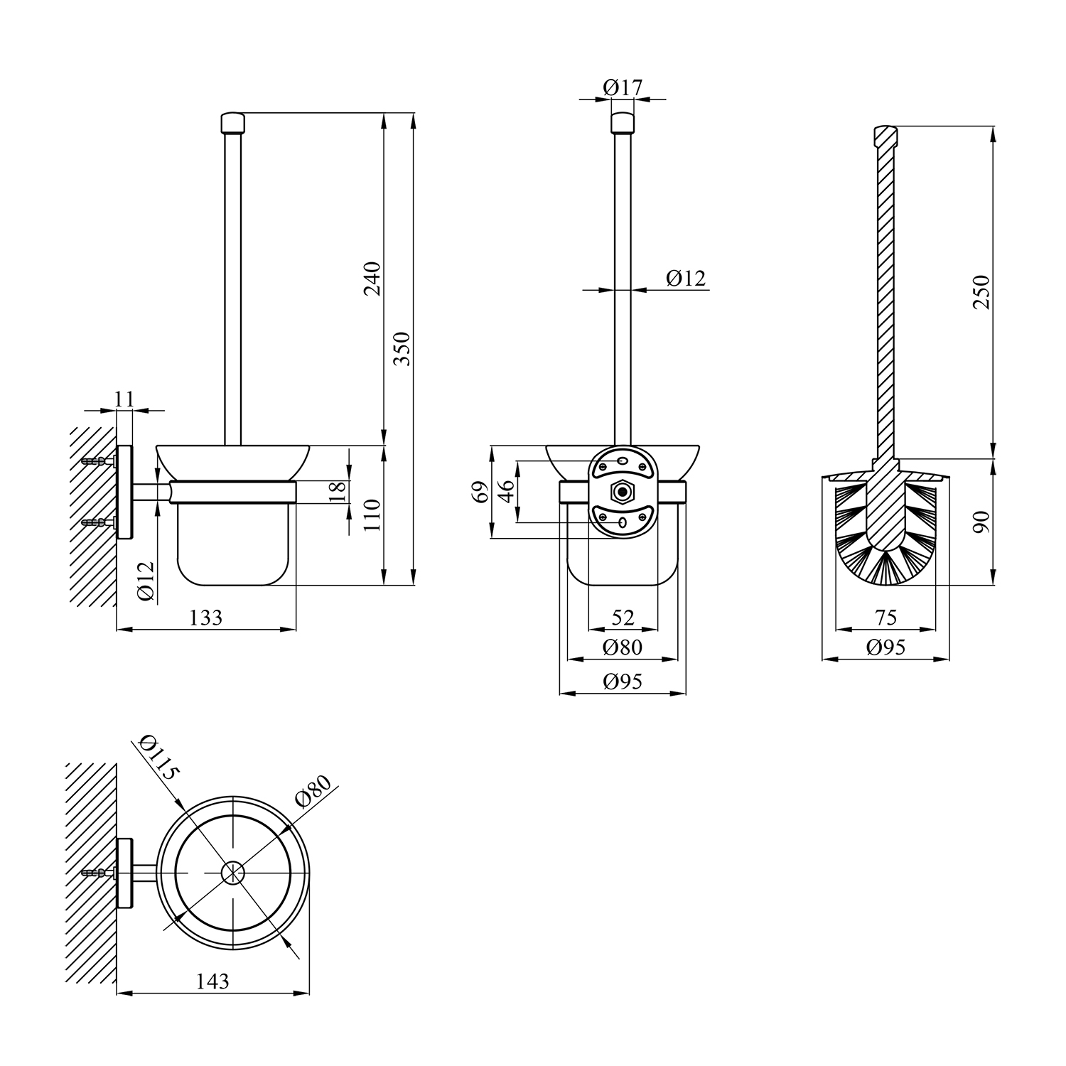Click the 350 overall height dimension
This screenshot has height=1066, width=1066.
click(x=403, y=348)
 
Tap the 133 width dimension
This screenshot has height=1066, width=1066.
click(x=205, y=618)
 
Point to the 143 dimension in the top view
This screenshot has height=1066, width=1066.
click(x=212, y=981)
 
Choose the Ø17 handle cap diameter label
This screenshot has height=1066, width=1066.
click(x=623, y=87)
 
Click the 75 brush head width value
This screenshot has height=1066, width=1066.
click(x=885, y=617)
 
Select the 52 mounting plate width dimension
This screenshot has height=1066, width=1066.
click(x=623, y=617)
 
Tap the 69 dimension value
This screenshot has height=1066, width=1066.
click(x=482, y=492)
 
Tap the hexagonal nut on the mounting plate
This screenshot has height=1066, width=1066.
click(x=623, y=491)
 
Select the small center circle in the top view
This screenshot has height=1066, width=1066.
click(x=232, y=873)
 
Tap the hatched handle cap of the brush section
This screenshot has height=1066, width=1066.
click(x=885, y=136)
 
